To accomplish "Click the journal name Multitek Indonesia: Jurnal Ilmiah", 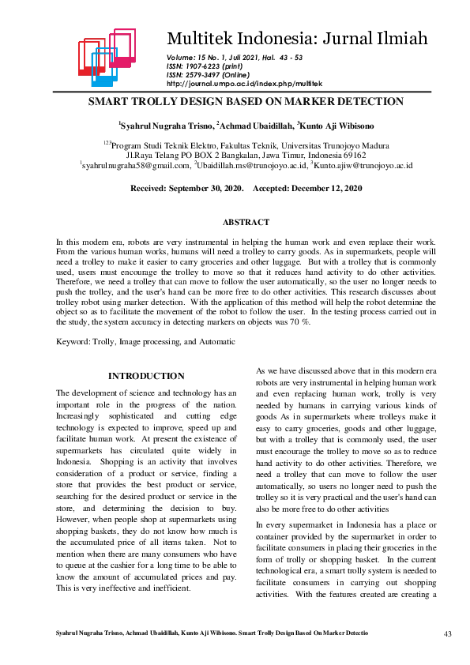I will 296,39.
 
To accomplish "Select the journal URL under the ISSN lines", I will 244,83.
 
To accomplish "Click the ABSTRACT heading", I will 246,223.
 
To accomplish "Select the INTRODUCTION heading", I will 146,376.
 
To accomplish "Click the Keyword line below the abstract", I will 145,341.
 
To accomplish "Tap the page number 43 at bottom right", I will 447,633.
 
